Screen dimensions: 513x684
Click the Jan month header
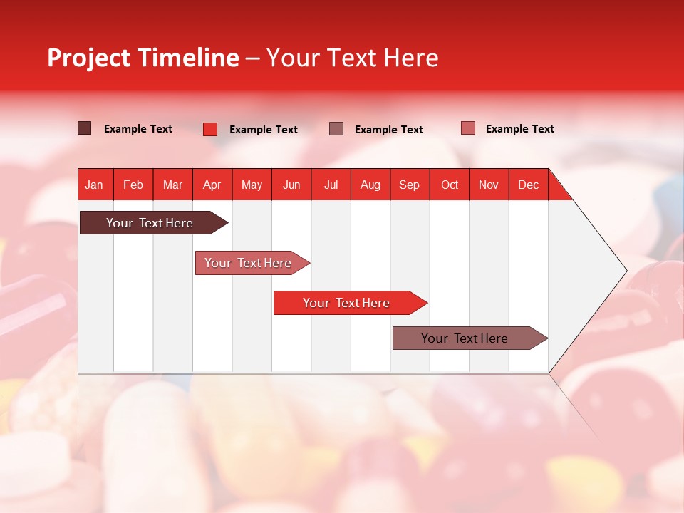click(x=95, y=185)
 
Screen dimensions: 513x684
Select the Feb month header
click(x=133, y=185)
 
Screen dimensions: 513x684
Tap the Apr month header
click(x=212, y=185)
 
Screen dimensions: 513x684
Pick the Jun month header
click(x=291, y=185)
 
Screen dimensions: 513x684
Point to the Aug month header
click(x=370, y=185)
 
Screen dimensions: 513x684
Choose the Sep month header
click(x=410, y=185)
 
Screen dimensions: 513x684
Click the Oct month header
click(x=450, y=185)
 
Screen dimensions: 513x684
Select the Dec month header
click(x=529, y=185)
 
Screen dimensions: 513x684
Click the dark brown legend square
click(x=85, y=128)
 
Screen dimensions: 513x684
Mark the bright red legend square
click(x=210, y=129)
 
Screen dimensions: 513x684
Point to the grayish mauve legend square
click(x=336, y=129)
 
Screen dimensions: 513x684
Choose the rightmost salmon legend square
click(x=467, y=128)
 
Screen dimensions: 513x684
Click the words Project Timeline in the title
click(x=143, y=58)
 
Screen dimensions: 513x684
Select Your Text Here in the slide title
click(x=353, y=58)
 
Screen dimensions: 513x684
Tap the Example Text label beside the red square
click(x=264, y=130)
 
